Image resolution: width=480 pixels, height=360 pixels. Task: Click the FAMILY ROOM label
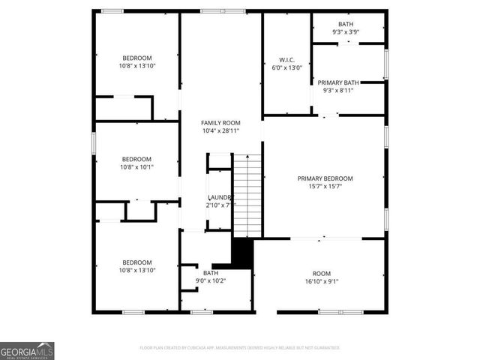[x=220, y=122]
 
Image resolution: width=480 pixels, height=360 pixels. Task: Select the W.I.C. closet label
[x=286, y=59]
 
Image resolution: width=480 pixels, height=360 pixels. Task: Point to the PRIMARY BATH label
[x=337, y=82]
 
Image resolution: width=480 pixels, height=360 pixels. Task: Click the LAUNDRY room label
[x=220, y=197]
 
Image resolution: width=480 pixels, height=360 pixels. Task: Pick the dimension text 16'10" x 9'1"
[x=322, y=282]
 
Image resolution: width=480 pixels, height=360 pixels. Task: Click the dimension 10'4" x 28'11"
[x=220, y=131]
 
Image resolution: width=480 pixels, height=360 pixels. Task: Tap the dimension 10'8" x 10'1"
[x=137, y=167]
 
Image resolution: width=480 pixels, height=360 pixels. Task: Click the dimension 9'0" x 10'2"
[x=210, y=281]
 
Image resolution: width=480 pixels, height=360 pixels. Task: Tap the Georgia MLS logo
[x=27, y=350]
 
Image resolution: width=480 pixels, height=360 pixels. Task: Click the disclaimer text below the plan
[x=240, y=348]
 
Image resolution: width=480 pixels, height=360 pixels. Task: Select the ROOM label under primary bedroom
[x=322, y=273]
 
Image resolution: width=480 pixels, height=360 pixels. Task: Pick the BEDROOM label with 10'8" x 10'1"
[x=137, y=159]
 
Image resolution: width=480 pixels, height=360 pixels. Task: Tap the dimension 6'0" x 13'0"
[x=286, y=67]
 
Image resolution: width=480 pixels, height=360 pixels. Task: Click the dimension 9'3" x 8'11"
[x=337, y=90]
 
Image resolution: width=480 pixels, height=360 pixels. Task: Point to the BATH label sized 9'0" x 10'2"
[x=210, y=273]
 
